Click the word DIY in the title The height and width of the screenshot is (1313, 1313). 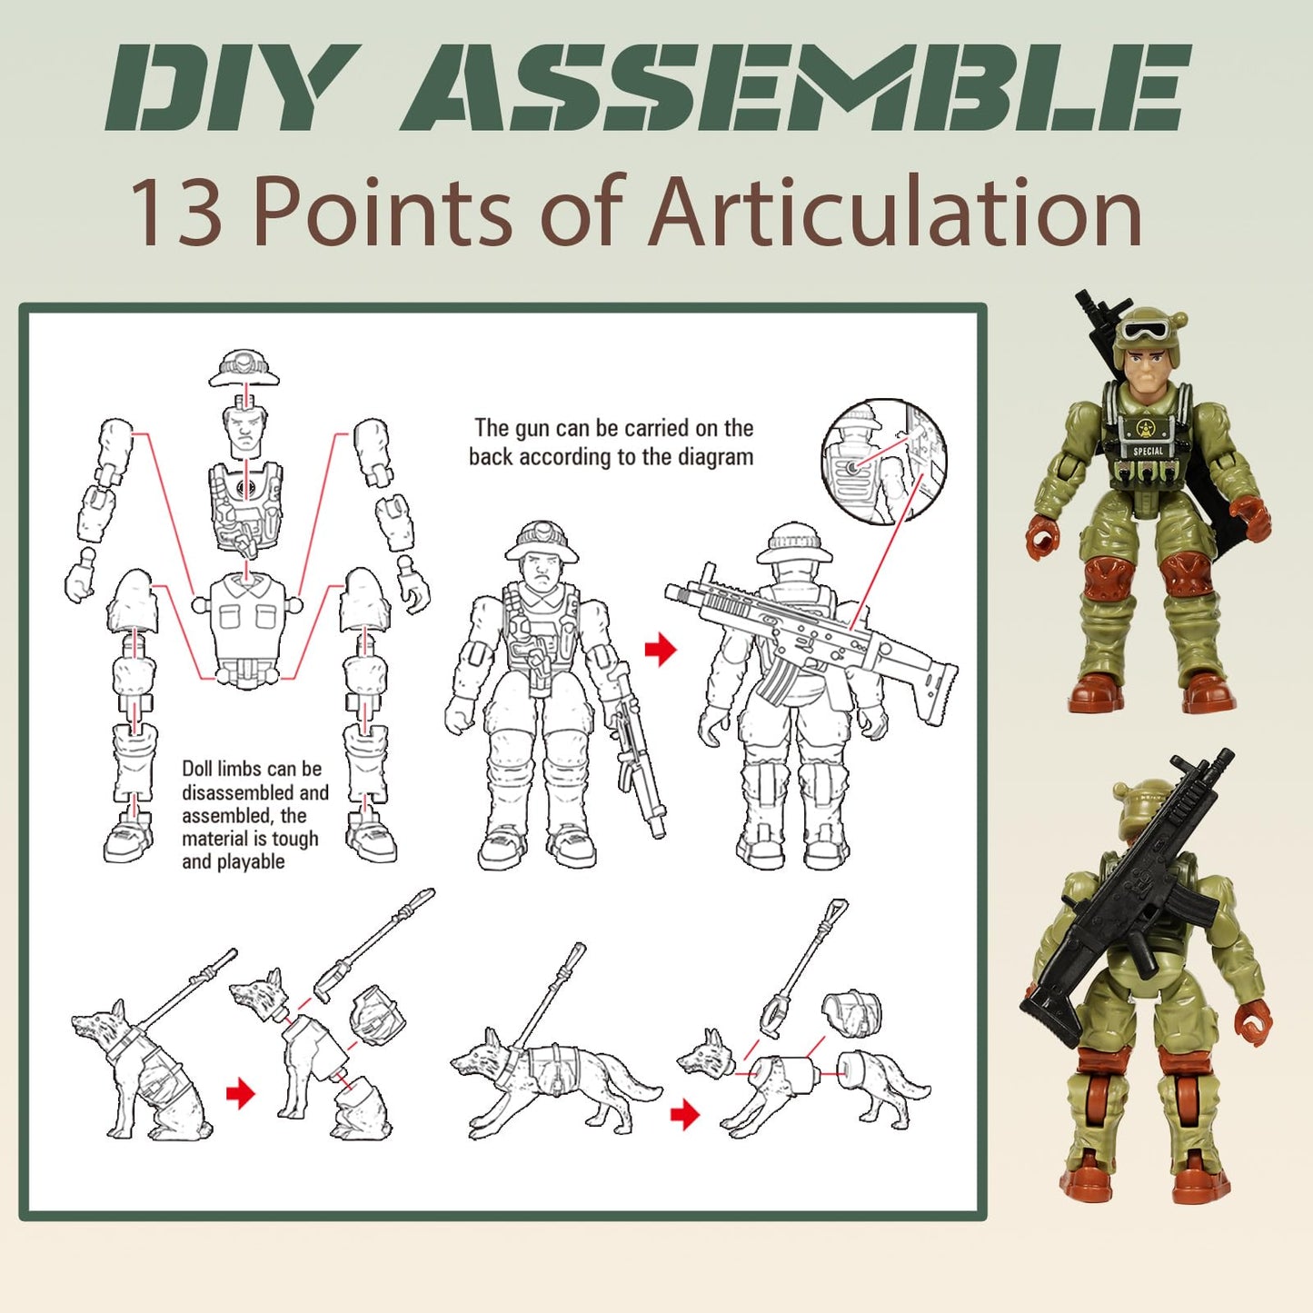pos(227,88)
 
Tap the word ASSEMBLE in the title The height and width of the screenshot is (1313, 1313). pos(795,88)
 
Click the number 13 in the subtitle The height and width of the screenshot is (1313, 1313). pos(176,213)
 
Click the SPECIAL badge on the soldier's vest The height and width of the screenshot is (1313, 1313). pos(1148,451)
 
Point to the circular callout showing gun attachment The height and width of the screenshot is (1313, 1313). pos(883,461)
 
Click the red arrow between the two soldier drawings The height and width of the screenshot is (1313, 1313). pos(661,649)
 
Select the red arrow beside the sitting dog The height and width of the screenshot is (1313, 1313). pos(240,1093)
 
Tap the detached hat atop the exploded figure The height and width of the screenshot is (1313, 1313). pos(244,366)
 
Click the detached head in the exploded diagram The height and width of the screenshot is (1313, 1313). pos(244,432)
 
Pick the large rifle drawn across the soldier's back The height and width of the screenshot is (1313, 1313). pos(809,641)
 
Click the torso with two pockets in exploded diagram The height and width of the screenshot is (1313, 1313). pos(244,618)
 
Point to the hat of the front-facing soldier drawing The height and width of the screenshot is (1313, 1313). pos(542,542)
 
